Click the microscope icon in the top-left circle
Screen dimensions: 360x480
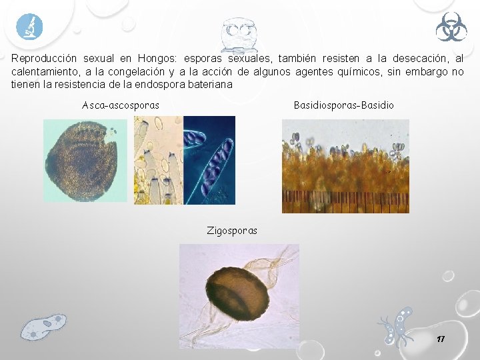[29, 27]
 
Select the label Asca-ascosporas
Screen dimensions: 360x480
[121, 105]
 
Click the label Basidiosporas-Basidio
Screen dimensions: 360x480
[343, 105]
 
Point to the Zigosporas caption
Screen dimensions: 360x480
[232, 231]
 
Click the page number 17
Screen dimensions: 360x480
[440, 339]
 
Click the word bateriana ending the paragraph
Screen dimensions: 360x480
[210, 84]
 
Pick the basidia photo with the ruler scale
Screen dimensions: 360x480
[345, 166]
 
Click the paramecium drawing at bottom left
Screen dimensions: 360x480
[43, 326]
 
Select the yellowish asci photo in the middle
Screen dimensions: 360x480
[158, 160]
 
